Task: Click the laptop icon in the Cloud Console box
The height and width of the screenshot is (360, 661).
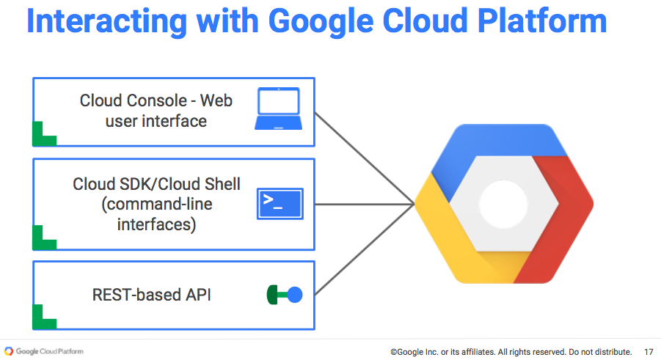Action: [x=279, y=109]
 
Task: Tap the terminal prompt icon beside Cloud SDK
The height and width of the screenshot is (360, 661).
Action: [x=280, y=203]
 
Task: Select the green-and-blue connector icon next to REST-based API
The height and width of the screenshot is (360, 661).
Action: [x=285, y=295]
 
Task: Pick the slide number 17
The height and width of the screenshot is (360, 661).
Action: [x=649, y=352]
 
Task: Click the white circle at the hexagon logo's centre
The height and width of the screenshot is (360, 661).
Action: [x=504, y=203]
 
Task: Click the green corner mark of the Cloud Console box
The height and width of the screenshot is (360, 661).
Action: [x=44, y=136]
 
